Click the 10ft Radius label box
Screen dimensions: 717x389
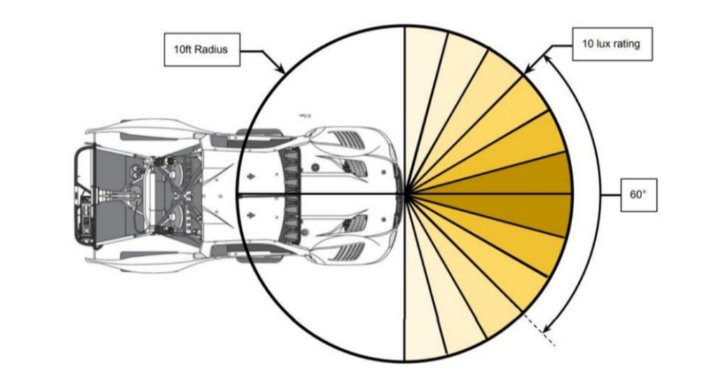click(202, 50)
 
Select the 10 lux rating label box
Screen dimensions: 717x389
click(612, 44)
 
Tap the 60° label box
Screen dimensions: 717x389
click(639, 195)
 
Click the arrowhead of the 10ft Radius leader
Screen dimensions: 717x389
click(281, 68)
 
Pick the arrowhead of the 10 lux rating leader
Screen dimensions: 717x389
click(528, 69)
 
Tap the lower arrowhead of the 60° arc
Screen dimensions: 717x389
click(547, 328)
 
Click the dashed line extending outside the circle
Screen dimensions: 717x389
click(538, 329)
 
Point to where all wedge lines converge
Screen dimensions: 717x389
click(405, 194)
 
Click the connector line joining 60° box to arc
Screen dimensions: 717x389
click(611, 195)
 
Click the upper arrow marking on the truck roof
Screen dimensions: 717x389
click(250, 176)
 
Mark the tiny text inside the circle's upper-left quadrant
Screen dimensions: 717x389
click(304, 116)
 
